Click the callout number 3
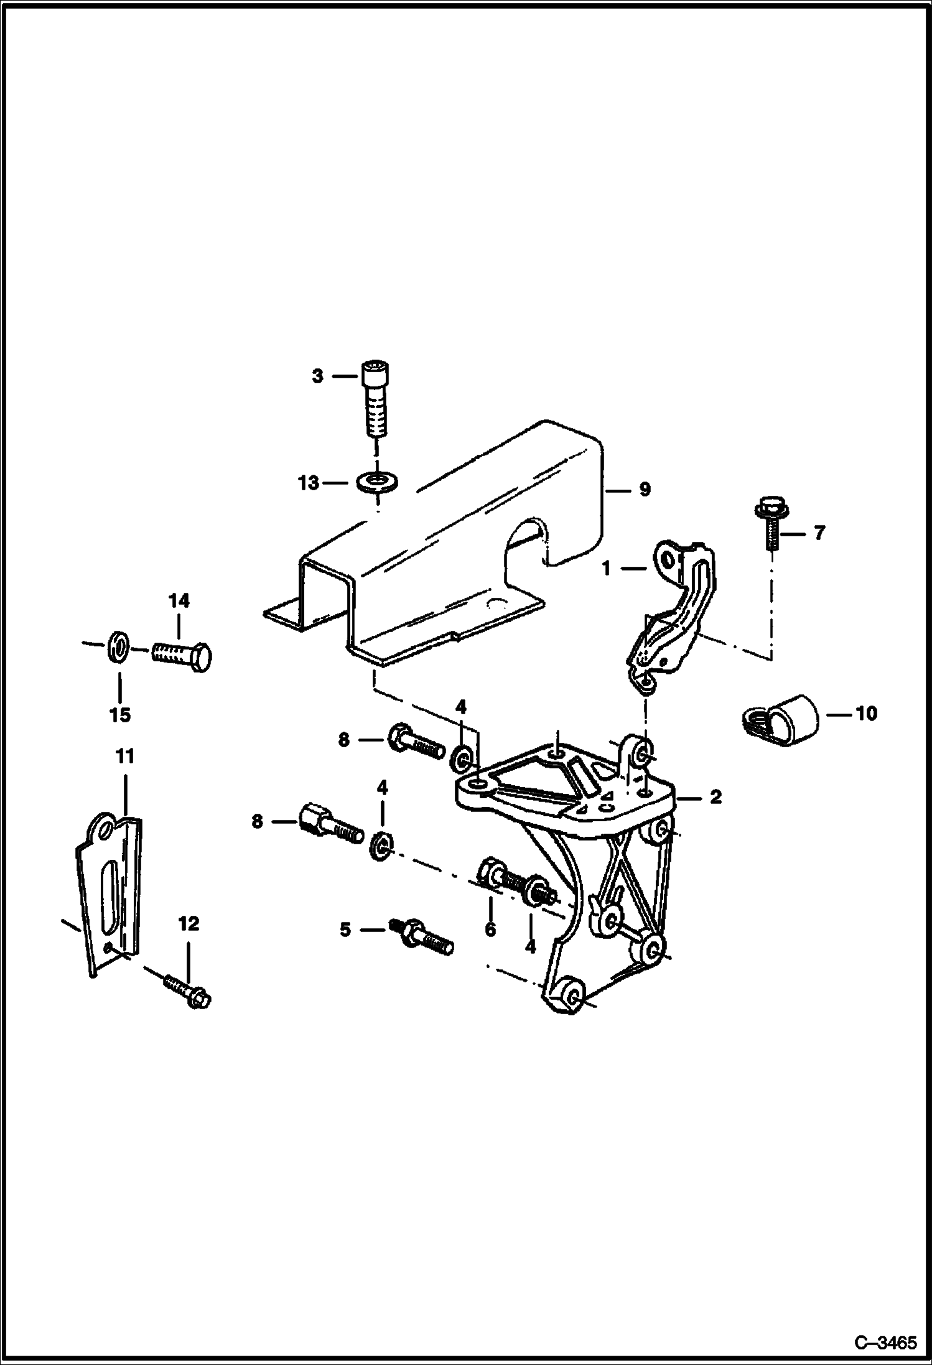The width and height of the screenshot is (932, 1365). tap(317, 376)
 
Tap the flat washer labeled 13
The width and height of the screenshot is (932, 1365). tap(378, 482)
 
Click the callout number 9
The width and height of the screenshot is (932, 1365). tap(645, 490)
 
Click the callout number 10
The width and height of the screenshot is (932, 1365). tap(867, 713)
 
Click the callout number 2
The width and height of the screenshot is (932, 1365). tap(715, 797)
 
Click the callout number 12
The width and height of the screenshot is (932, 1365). tap(189, 923)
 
